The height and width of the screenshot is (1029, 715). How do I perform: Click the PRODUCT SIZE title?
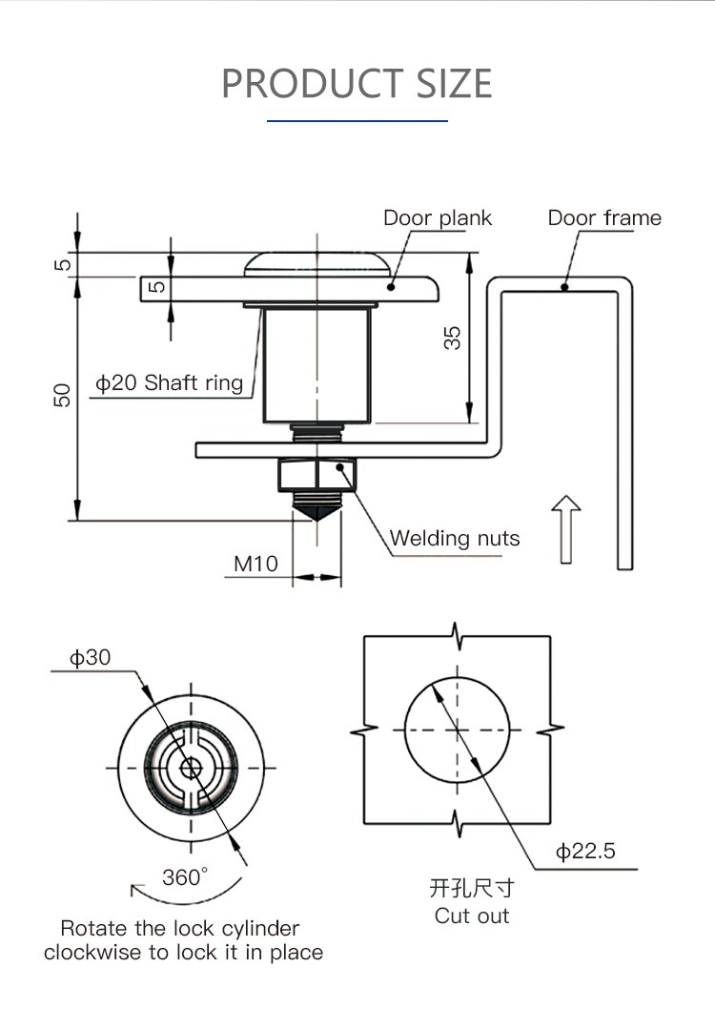(357, 84)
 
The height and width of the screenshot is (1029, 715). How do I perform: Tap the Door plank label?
(438, 218)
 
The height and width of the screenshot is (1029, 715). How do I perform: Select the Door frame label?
(603, 218)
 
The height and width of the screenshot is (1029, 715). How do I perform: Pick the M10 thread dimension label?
(256, 564)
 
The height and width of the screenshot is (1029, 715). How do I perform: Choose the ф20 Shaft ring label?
(169, 383)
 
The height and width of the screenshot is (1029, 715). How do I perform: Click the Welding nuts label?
(455, 539)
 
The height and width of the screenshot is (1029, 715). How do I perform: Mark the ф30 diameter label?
(90, 657)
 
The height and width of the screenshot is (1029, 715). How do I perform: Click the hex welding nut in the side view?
(317, 475)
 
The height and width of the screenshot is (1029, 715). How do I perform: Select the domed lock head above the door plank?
(316, 264)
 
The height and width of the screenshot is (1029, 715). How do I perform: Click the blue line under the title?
(357, 121)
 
